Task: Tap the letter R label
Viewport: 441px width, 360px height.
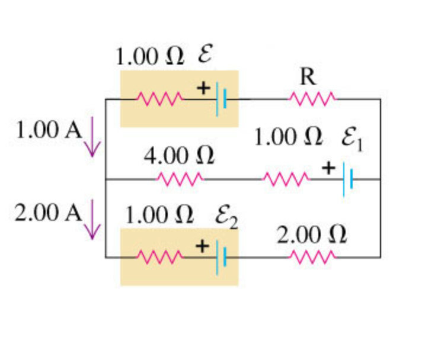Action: (x=308, y=76)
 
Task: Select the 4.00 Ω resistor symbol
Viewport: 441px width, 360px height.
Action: (x=180, y=178)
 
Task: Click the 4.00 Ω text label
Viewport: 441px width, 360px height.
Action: (x=179, y=156)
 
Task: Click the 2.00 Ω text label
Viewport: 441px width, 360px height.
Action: (x=312, y=235)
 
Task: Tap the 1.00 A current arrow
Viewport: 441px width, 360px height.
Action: (x=92, y=137)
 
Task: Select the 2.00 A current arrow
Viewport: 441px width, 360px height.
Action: (x=92, y=220)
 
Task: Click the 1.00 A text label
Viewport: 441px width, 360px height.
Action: (x=49, y=130)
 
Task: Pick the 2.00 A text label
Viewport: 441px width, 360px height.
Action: (x=49, y=213)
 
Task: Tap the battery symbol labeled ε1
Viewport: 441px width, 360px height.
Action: (x=349, y=178)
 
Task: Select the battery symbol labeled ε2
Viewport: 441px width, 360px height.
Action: (x=221, y=256)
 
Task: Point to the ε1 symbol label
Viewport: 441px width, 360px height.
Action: (x=351, y=140)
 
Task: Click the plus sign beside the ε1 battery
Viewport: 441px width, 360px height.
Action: (x=328, y=168)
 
